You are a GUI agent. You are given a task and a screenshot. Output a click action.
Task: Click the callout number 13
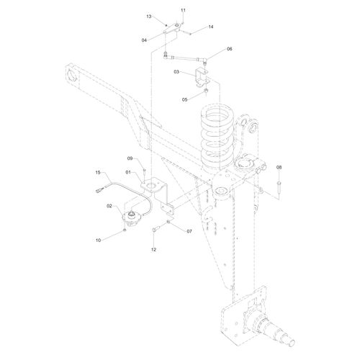(149, 16)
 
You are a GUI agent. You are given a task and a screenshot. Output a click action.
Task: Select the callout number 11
(183, 10)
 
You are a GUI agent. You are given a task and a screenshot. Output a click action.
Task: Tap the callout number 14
(211, 27)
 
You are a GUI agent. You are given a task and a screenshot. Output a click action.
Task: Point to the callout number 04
(145, 40)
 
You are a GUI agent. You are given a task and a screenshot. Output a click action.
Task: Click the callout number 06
(230, 49)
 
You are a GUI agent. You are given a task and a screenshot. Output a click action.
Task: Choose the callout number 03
(176, 72)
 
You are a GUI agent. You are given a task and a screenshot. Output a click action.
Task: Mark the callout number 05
(185, 99)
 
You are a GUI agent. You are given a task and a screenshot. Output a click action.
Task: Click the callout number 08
(280, 168)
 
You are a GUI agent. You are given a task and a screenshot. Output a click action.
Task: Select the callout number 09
(131, 158)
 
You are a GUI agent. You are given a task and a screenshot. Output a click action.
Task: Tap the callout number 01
(127, 173)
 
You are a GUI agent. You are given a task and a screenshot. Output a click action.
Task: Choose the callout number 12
(153, 249)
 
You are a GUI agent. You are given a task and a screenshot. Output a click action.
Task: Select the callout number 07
(189, 233)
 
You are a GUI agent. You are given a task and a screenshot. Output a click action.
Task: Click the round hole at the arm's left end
(74, 74)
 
